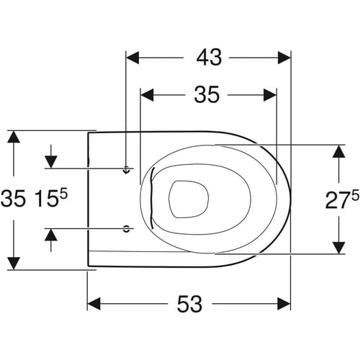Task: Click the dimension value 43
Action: point(209,58)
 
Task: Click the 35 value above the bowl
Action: point(207,95)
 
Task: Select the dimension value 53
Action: point(189,304)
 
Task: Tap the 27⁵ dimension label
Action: point(342,199)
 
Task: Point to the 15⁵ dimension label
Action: point(51,198)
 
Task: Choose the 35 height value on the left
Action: point(13,198)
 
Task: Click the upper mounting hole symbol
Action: point(126,170)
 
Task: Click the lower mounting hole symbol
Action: point(126,229)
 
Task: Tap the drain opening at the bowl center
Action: point(189,199)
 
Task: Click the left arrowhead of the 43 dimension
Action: point(132,58)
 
